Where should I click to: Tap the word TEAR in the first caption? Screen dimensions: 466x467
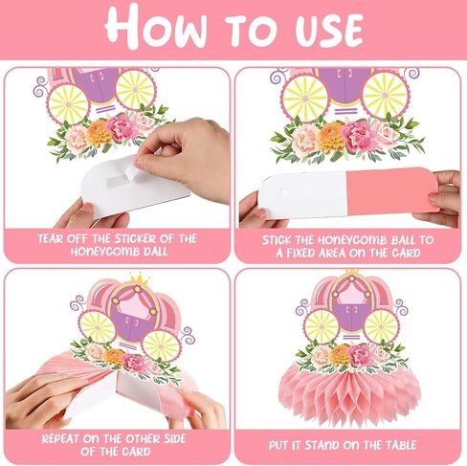56,238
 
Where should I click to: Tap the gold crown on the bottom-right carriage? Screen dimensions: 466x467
351,272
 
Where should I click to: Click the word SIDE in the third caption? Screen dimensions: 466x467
185,439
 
